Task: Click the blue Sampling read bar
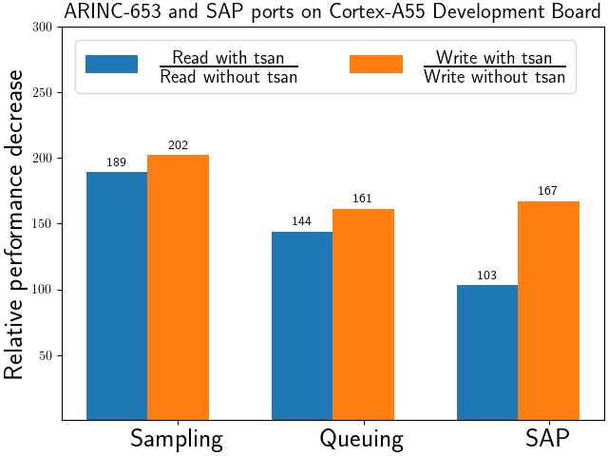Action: coord(117,295)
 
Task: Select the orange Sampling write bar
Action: coord(178,287)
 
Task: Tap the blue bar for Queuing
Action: coord(302,326)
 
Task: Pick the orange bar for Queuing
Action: coord(363,314)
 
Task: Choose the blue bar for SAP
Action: coord(487,352)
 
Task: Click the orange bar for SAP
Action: coord(549,311)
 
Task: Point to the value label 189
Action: coord(116,162)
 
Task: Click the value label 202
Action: coord(178,145)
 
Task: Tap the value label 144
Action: coord(301,221)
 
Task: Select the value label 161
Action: coord(362,199)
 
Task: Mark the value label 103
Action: coord(486,275)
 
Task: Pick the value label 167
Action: coord(547,191)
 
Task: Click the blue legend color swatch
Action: coord(112,64)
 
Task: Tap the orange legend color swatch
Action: coord(376,64)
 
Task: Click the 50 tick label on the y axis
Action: coord(46,355)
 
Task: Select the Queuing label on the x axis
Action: coord(361,439)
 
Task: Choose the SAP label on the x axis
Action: coord(547,438)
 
